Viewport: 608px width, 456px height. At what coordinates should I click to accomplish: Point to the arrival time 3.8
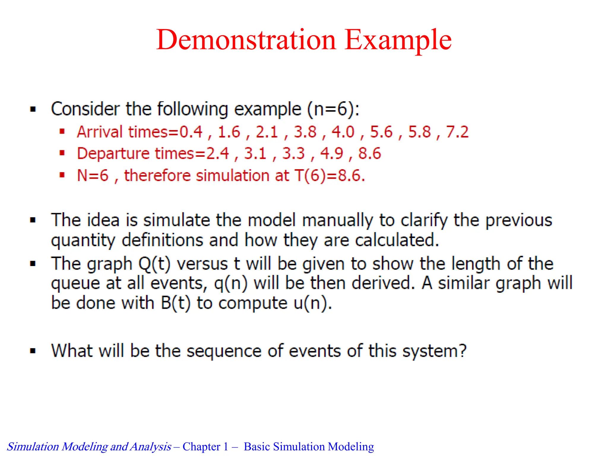pos(305,132)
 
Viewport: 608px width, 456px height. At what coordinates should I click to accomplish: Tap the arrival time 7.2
pos(457,132)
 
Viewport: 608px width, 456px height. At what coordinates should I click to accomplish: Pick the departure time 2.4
pos(218,154)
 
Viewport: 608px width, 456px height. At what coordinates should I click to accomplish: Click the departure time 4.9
pos(332,154)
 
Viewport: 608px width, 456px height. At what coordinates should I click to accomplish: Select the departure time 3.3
pos(293,154)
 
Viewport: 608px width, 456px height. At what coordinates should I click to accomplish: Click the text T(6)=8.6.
pos(330,175)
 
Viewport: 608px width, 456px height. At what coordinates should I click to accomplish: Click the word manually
pos(337,220)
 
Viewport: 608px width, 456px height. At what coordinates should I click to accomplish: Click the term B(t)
pos(175,303)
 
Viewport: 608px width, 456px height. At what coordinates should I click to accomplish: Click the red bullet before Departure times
pos(62,153)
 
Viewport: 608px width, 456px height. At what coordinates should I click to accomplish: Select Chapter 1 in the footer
pos(205,447)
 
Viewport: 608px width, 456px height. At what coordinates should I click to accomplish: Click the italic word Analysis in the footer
pos(151,447)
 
